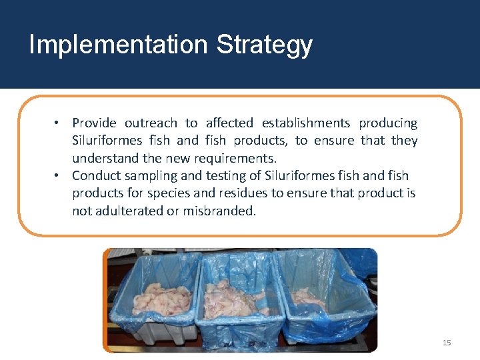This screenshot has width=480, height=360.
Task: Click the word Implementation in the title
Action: coord(119,45)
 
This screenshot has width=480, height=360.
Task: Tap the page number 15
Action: coord(447,343)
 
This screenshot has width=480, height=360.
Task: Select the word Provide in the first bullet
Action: coord(94,123)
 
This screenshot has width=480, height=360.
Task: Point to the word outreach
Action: coord(151,123)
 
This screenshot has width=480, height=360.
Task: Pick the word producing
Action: coord(388,123)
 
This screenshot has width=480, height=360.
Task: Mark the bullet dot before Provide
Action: coord(59,123)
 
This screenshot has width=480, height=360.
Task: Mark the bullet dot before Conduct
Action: coord(59,176)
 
